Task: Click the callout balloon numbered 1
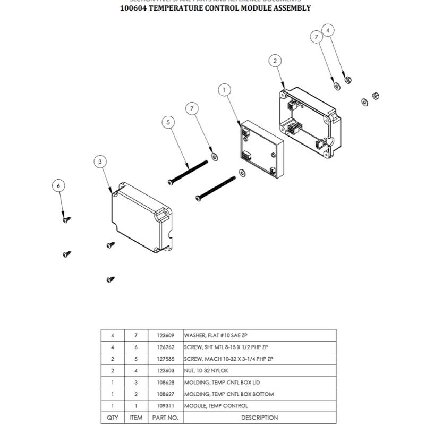click(225, 90)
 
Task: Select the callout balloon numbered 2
click(275, 61)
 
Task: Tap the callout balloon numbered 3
click(100, 161)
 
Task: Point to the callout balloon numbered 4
click(328, 30)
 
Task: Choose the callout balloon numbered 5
click(168, 123)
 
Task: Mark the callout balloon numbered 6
click(59, 185)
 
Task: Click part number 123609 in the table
click(165, 336)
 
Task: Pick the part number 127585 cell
click(165, 359)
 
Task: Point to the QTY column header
click(113, 418)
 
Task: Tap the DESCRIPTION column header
click(259, 418)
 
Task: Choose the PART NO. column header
click(165, 418)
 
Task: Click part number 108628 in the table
click(165, 382)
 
